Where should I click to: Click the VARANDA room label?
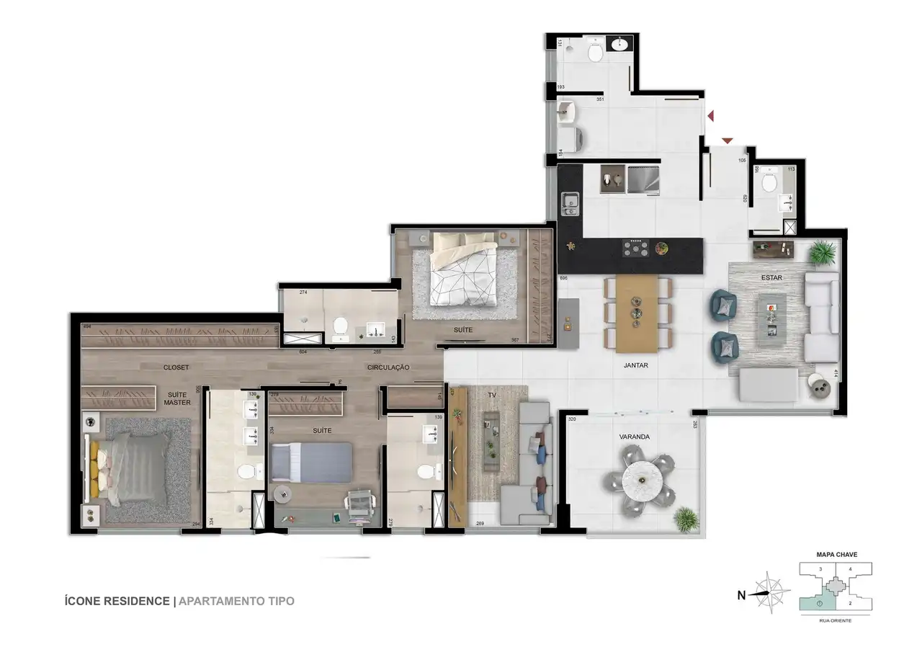634,437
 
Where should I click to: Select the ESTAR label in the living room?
771,277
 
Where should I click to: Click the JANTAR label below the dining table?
636,365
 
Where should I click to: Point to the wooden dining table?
637,313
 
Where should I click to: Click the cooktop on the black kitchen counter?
636,249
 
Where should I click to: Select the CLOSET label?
176,367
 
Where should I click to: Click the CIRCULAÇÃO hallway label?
388,367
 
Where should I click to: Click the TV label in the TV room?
492,395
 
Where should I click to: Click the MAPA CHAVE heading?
836,555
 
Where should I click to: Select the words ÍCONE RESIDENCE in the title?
117,601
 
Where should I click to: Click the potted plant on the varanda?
687,519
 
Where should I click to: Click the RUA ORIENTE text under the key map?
836,619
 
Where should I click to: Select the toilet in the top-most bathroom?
596,52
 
